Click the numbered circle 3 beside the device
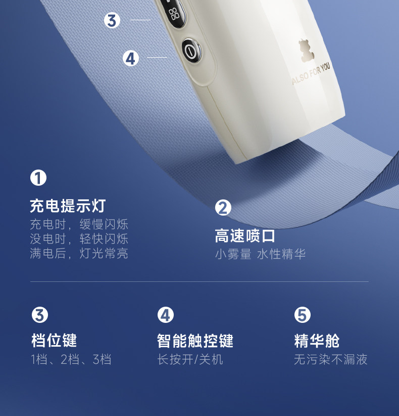pyautogui.click(x=112, y=20)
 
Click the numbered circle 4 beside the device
pyautogui.click(x=131, y=58)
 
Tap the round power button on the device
pyautogui.click(x=190, y=51)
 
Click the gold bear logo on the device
pyautogui.click(x=307, y=51)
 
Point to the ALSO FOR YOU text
pyautogui.click(x=311, y=74)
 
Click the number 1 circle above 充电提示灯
pyautogui.click(x=38, y=178)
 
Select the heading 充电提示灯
pyautogui.click(x=68, y=205)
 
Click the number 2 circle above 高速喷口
pyautogui.click(x=223, y=207)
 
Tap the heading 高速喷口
pyautogui.click(x=245, y=236)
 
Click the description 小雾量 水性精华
pyautogui.click(x=260, y=254)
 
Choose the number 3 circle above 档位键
pyautogui.click(x=40, y=315)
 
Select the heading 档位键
pyautogui.click(x=54, y=341)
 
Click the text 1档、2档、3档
pyautogui.click(x=71, y=359)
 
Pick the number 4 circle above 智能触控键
pyautogui.click(x=166, y=315)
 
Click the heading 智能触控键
pyautogui.click(x=195, y=341)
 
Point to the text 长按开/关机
pyautogui.click(x=190, y=359)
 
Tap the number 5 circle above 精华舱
pyautogui.click(x=303, y=315)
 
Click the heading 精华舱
pyautogui.click(x=317, y=341)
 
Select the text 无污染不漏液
pyautogui.click(x=331, y=359)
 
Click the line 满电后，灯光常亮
pyautogui.click(x=79, y=254)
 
